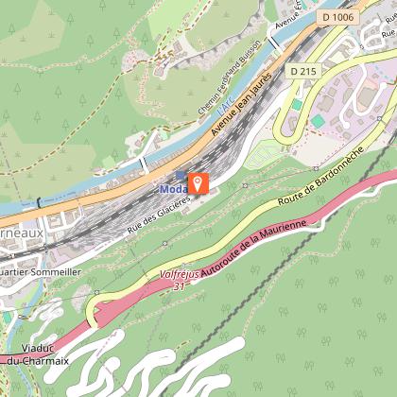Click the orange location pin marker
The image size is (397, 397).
coord(198,181)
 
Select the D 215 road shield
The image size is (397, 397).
coord(302,71)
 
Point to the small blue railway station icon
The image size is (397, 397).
coord(181,176)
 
